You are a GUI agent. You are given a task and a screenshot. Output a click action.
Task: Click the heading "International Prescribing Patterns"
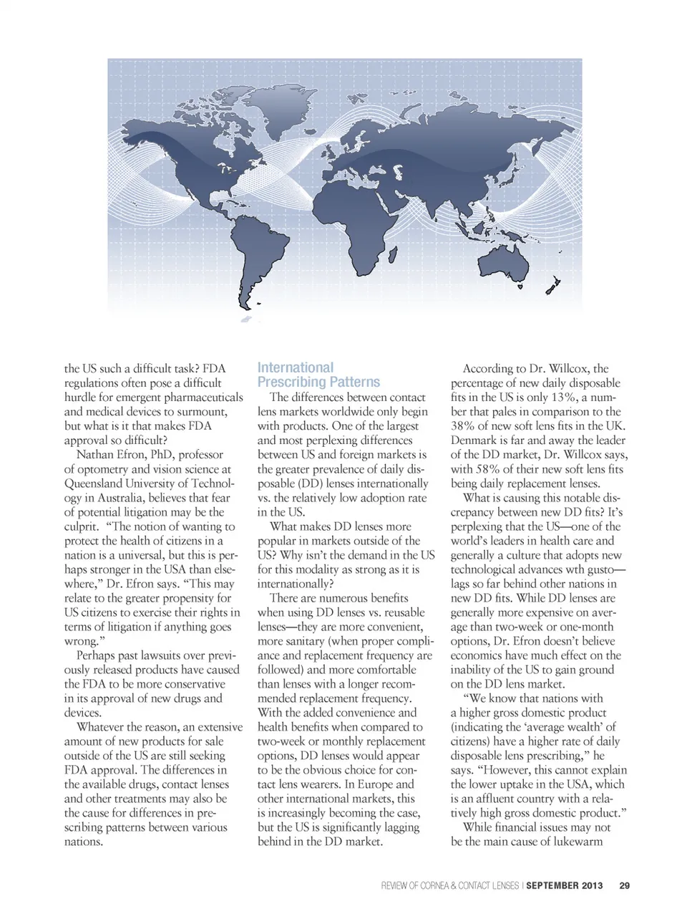(318, 375)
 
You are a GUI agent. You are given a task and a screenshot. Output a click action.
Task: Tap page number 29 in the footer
(624, 886)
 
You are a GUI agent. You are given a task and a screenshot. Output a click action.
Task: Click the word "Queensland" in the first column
(97, 483)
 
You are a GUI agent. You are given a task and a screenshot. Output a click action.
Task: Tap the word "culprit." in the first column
(81, 526)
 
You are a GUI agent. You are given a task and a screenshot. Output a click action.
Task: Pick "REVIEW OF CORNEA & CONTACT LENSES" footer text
(450, 886)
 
